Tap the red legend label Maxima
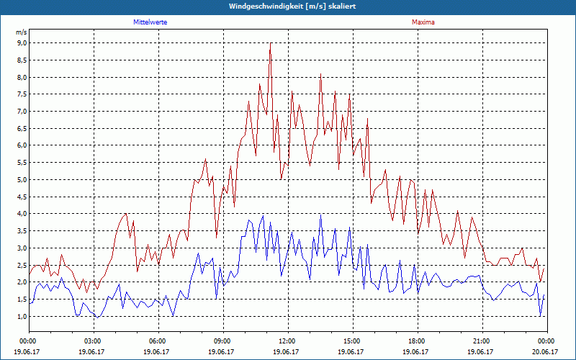[x=423, y=22]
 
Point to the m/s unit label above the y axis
[x=21, y=32]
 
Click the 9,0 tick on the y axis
[x=22, y=43]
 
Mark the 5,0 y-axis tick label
[x=22, y=180]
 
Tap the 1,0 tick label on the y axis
[x=22, y=316]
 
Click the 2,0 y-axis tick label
[x=22, y=282]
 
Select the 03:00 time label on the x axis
[x=93, y=341]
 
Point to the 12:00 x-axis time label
[x=287, y=341]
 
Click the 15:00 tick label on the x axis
[x=352, y=341]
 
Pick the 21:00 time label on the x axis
[x=482, y=341]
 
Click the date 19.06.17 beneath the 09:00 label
[x=222, y=352]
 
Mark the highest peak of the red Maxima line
[x=270, y=43]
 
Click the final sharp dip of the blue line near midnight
[x=540, y=316]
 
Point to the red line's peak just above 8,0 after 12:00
[x=320, y=74]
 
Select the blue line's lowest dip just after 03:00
[x=97, y=317]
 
